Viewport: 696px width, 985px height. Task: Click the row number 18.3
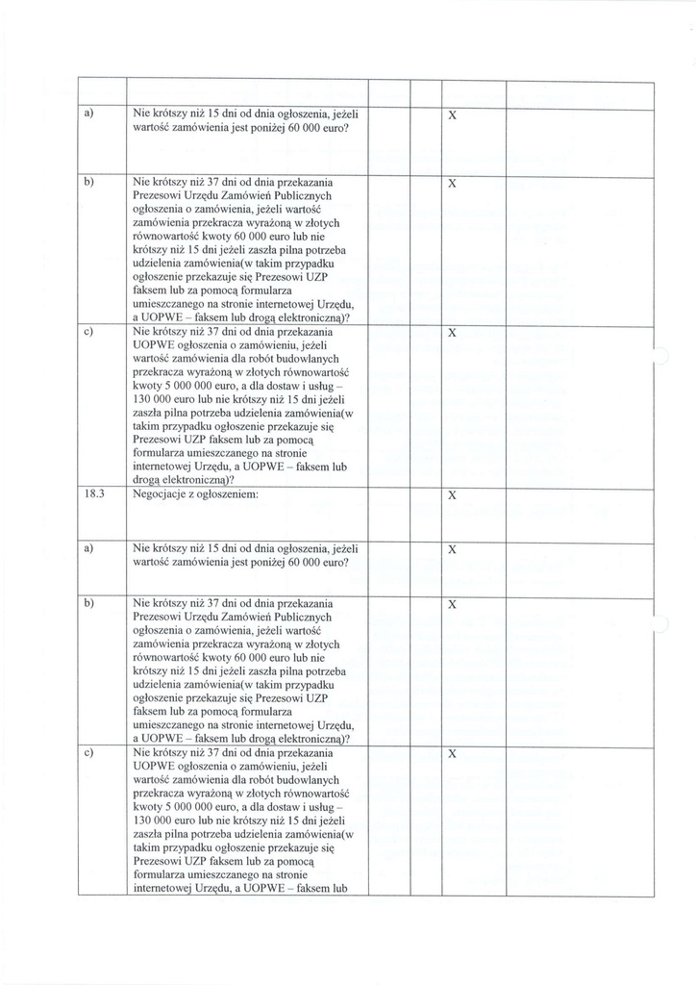coord(93,495)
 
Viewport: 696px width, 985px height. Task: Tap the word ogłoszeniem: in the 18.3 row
coord(226,495)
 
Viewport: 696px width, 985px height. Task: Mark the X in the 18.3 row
coord(453,496)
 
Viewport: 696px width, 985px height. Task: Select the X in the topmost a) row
coord(453,115)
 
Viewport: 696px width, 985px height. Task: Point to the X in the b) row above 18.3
coord(453,183)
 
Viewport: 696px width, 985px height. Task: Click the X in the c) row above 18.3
coord(453,333)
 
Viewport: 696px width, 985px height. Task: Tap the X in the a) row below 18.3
coord(453,549)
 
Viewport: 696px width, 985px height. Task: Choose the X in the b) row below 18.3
coord(453,604)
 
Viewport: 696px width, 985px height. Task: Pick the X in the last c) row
coord(453,754)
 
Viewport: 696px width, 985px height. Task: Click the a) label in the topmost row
coord(87,114)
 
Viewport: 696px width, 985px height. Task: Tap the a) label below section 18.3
coord(87,548)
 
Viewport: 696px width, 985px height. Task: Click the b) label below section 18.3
coord(87,603)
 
